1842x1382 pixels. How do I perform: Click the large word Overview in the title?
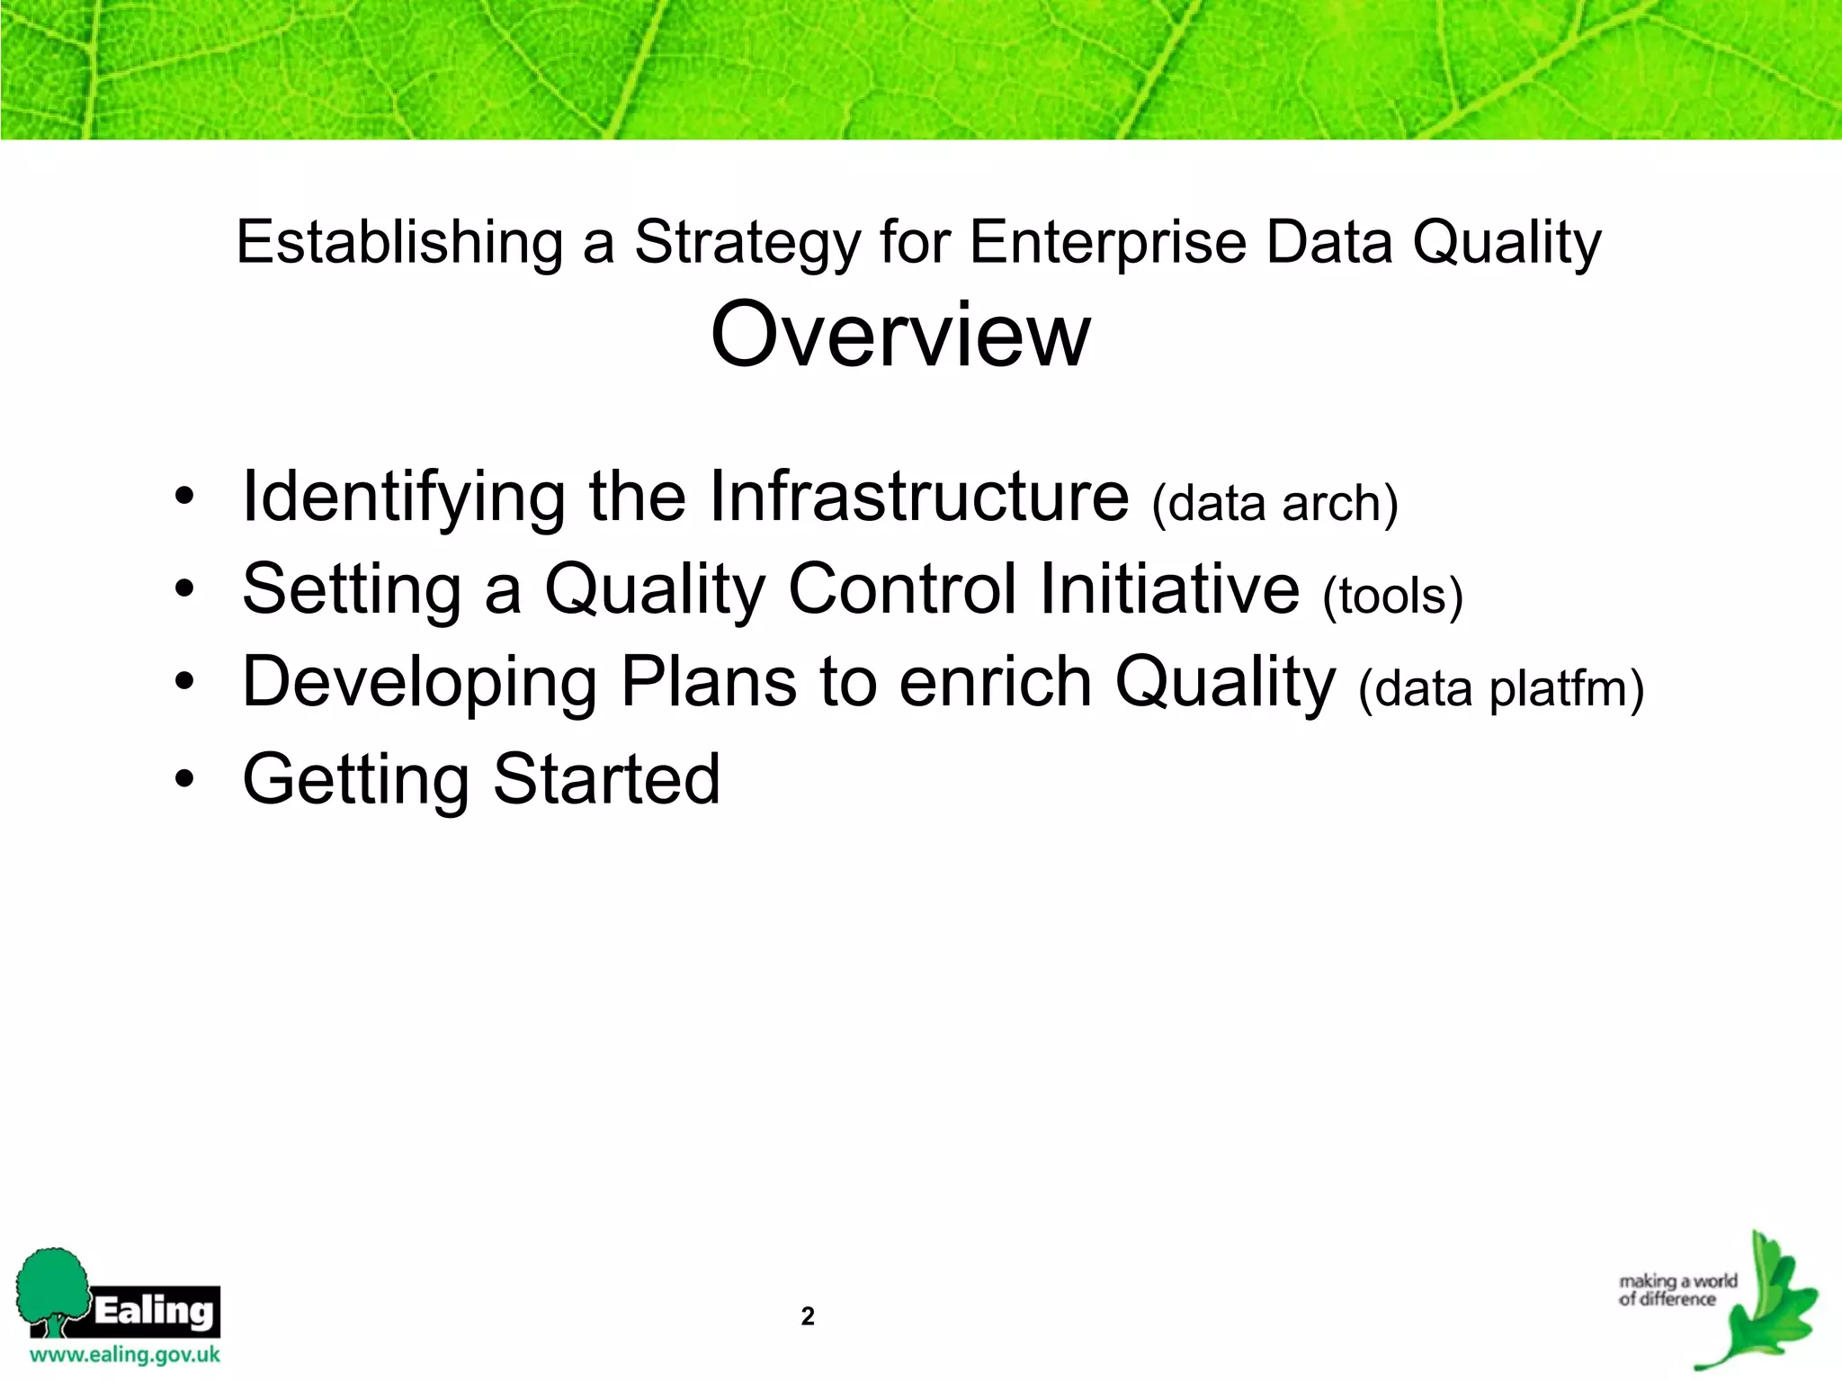coord(900,335)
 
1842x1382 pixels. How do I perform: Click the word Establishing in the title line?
coord(399,243)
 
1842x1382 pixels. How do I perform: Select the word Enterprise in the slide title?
coord(1108,243)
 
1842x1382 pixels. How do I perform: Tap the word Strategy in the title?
coord(747,243)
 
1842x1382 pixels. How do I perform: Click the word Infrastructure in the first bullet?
coord(917,497)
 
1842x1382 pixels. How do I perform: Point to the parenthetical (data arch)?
coord(1274,503)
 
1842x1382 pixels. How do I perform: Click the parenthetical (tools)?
coord(1392,596)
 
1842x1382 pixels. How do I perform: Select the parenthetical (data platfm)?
coord(1500,689)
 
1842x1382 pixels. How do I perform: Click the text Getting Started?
coord(481,780)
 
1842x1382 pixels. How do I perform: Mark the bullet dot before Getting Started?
coord(184,778)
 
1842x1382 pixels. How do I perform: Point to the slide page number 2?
coord(808,1316)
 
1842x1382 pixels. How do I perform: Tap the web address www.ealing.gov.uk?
coord(124,1355)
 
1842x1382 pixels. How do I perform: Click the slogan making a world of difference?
coord(1677,1289)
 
